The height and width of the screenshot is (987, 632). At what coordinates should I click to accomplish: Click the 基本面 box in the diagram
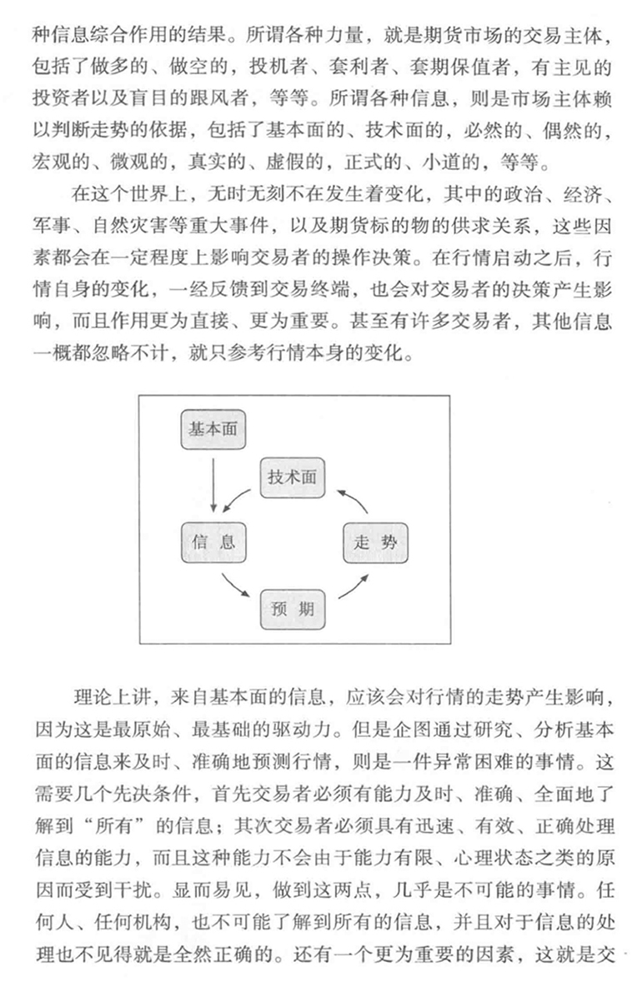(213, 431)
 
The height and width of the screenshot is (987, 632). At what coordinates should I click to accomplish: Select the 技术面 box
(293, 478)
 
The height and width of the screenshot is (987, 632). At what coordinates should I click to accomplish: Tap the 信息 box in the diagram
(213, 542)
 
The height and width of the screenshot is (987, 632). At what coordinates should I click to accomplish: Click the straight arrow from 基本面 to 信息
(213, 486)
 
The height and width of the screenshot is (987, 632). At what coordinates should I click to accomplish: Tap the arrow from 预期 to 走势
(351, 585)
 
